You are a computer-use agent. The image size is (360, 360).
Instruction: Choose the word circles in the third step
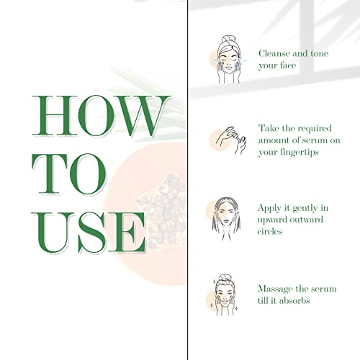pyautogui.click(x=273, y=232)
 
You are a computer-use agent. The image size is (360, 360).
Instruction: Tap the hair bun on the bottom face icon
pyautogui.click(x=226, y=276)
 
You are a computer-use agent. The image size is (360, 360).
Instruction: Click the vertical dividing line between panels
pyautogui.click(x=189, y=180)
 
